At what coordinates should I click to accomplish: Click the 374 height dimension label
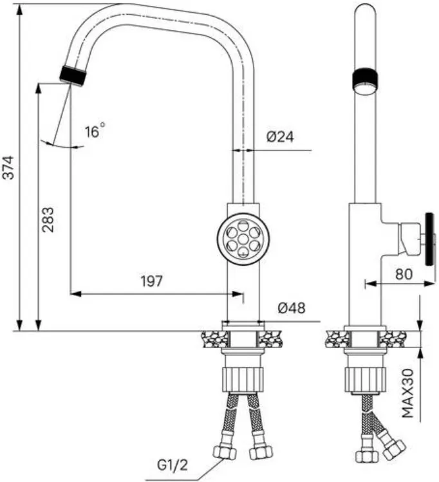[x=9, y=167]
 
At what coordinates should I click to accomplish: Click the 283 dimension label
[x=48, y=219]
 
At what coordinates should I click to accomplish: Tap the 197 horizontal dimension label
[x=151, y=281]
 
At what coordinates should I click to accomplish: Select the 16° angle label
[x=95, y=131]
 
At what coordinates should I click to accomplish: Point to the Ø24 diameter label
[x=280, y=137]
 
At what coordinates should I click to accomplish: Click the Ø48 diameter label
[x=292, y=308]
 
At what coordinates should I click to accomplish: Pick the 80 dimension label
[x=404, y=274]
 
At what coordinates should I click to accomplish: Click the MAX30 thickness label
[x=408, y=393]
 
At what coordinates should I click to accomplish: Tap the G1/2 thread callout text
[x=173, y=466]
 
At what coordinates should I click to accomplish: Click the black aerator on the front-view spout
[x=73, y=76]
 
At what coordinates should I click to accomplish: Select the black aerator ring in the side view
[x=365, y=80]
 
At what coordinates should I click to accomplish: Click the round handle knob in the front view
[x=243, y=239]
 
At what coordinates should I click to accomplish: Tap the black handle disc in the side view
[x=429, y=239]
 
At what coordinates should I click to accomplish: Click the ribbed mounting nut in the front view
[x=243, y=379]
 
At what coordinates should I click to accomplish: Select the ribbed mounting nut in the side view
[x=364, y=380]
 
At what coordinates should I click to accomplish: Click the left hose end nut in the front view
[x=225, y=452]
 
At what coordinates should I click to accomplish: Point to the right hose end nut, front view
[x=261, y=452]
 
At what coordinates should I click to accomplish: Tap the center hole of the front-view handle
[x=243, y=239]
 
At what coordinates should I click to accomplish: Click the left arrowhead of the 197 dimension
[x=75, y=293]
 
